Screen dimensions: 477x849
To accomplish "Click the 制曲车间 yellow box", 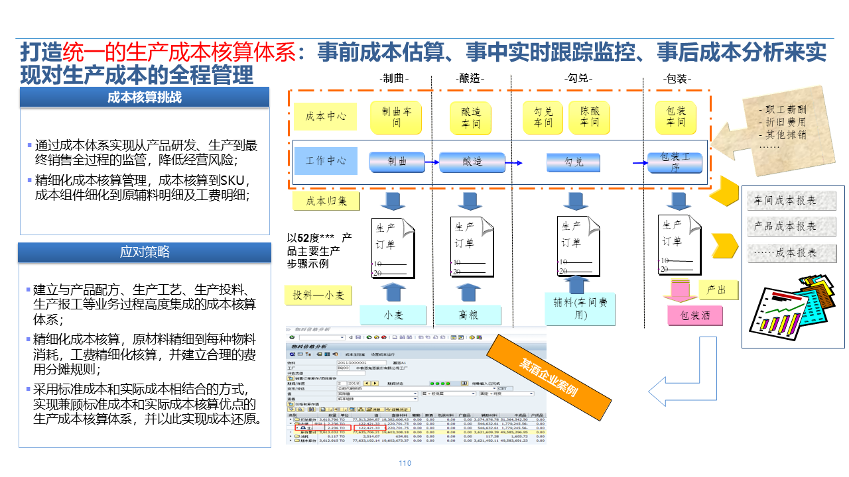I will click(x=397, y=117).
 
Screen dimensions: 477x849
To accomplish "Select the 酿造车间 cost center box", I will click(x=471, y=117).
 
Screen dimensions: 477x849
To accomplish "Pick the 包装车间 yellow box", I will click(x=676, y=117).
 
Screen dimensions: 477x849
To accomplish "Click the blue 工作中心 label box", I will click(x=326, y=161).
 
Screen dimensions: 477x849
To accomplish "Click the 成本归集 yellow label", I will click(x=325, y=201).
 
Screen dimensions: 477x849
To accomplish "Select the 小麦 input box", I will click(x=393, y=315).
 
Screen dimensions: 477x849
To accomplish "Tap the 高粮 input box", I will click(x=468, y=315).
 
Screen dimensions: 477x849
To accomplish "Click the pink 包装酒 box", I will click(x=694, y=315).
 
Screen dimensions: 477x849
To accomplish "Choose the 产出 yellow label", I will click(x=717, y=290).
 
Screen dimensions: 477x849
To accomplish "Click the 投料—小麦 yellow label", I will click(x=322, y=295).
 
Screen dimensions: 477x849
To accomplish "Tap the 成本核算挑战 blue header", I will click(x=145, y=97).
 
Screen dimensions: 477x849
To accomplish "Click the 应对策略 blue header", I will click(x=145, y=252).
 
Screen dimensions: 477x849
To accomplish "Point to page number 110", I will click(x=405, y=464).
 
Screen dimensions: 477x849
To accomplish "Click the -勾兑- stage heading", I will click(x=578, y=79).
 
